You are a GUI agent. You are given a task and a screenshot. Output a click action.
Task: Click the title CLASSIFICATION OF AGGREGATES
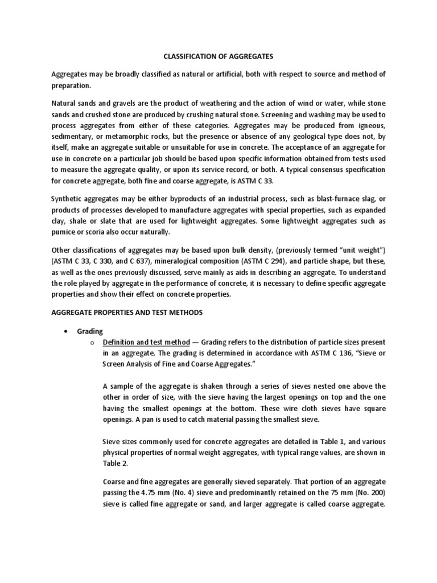(x=218, y=56)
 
